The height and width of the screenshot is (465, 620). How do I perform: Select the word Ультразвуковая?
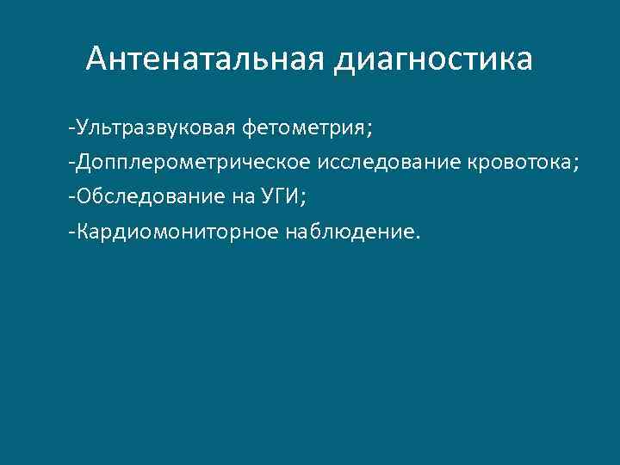[x=157, y=129]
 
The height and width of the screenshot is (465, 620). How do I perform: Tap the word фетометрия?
[x=304, y=129]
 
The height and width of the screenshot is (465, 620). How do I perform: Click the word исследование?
[x=391, y=163]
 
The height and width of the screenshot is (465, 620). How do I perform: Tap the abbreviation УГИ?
[x=278, y=196]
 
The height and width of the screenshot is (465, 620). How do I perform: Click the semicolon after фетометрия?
[x=370, y=132]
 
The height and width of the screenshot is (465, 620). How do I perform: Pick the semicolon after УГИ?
[x=304, y=199]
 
